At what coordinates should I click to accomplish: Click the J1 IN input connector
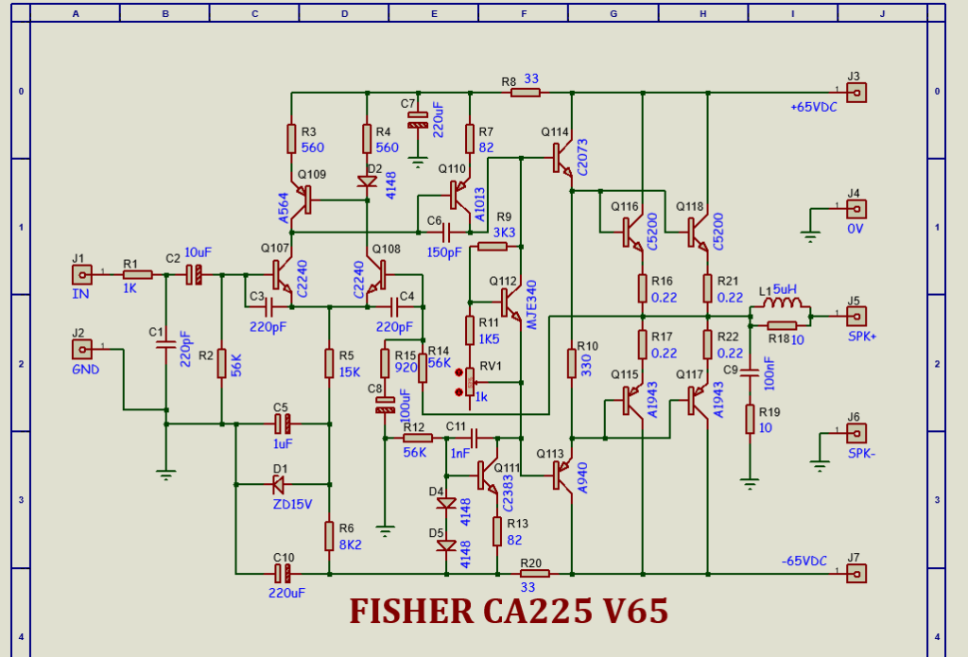[x=83, y=275]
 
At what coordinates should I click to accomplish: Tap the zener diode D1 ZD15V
[x=279, y=485]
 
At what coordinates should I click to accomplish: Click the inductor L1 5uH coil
[x=783, y=304]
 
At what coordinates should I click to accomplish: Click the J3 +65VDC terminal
[x=856, y=93]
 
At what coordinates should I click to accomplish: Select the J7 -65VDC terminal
[x=856, y=573]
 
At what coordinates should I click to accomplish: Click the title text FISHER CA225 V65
[x=509, y=612]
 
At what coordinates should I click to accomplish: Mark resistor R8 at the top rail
[x=525, y=93]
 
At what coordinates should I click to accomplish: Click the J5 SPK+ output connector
[x=856, y=316]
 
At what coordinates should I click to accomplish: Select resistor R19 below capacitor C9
[x=750, y=419]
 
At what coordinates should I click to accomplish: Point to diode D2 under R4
[x=367, y=182]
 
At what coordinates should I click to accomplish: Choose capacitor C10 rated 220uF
[x=282, y=573]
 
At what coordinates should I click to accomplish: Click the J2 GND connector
[x=83, y=349]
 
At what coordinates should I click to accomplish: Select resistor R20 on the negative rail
[x=534, y=573]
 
